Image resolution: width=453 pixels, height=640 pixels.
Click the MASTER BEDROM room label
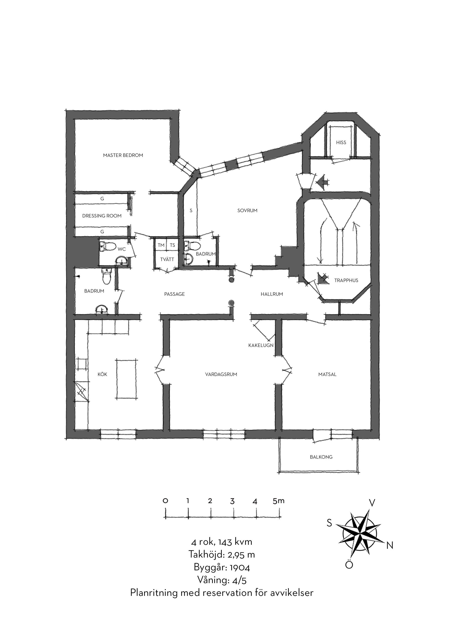coord(123,155)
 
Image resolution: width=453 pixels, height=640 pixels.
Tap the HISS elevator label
coord(341,142)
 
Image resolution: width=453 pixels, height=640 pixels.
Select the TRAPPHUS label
coord(346,281)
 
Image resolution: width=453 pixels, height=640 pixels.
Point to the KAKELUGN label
coord(261,345)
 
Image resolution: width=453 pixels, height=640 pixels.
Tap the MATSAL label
coord(327,374)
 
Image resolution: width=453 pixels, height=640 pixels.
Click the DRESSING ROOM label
coord(102,216)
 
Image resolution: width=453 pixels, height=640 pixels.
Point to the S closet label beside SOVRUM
coord(191,211)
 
